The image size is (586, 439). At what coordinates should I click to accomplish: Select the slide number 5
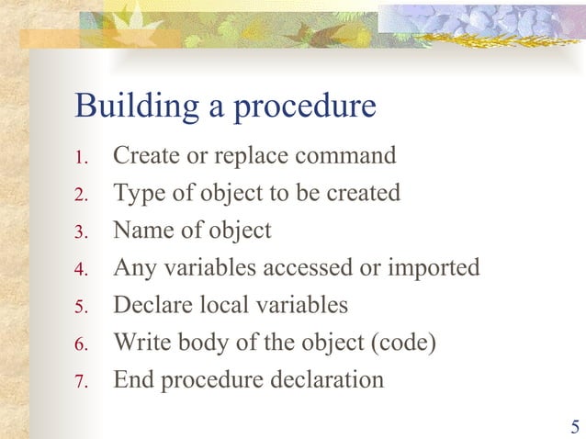(575, 426)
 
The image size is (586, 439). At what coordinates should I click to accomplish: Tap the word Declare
(151, 304)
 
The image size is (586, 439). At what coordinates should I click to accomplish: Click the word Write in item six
(140, 342)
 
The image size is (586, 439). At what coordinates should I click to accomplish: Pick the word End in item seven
(133, 378)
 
